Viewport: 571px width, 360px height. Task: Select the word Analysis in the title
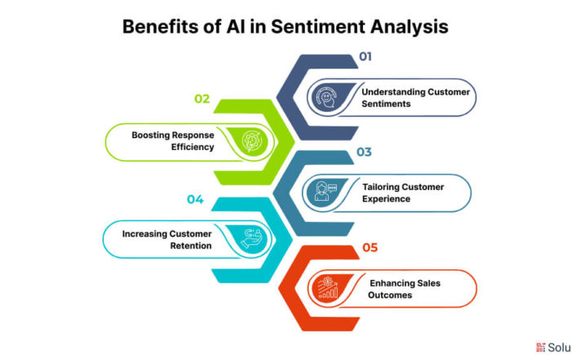point(409,27)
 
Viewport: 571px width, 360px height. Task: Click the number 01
point(365,56)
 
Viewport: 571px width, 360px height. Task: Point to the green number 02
point(201,99)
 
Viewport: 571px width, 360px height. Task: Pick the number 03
point(364,152)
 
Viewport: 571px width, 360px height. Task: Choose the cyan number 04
point(195,199)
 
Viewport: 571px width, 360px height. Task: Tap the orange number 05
point(370,247)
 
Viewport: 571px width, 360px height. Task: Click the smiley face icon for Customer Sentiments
point(326,97)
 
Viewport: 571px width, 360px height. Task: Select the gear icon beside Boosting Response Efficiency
point(251,141)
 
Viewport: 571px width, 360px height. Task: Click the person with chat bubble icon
point(326,191)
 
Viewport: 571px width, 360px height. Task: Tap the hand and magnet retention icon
point(252,238)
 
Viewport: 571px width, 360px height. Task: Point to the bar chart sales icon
point(328,287)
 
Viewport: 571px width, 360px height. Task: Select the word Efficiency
point(193,147)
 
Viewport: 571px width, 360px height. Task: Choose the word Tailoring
point(380,187)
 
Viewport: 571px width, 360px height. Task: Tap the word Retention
point(191,246)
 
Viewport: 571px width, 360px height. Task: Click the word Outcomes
point(390,295)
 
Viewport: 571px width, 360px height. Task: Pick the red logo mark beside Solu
point(540,347)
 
